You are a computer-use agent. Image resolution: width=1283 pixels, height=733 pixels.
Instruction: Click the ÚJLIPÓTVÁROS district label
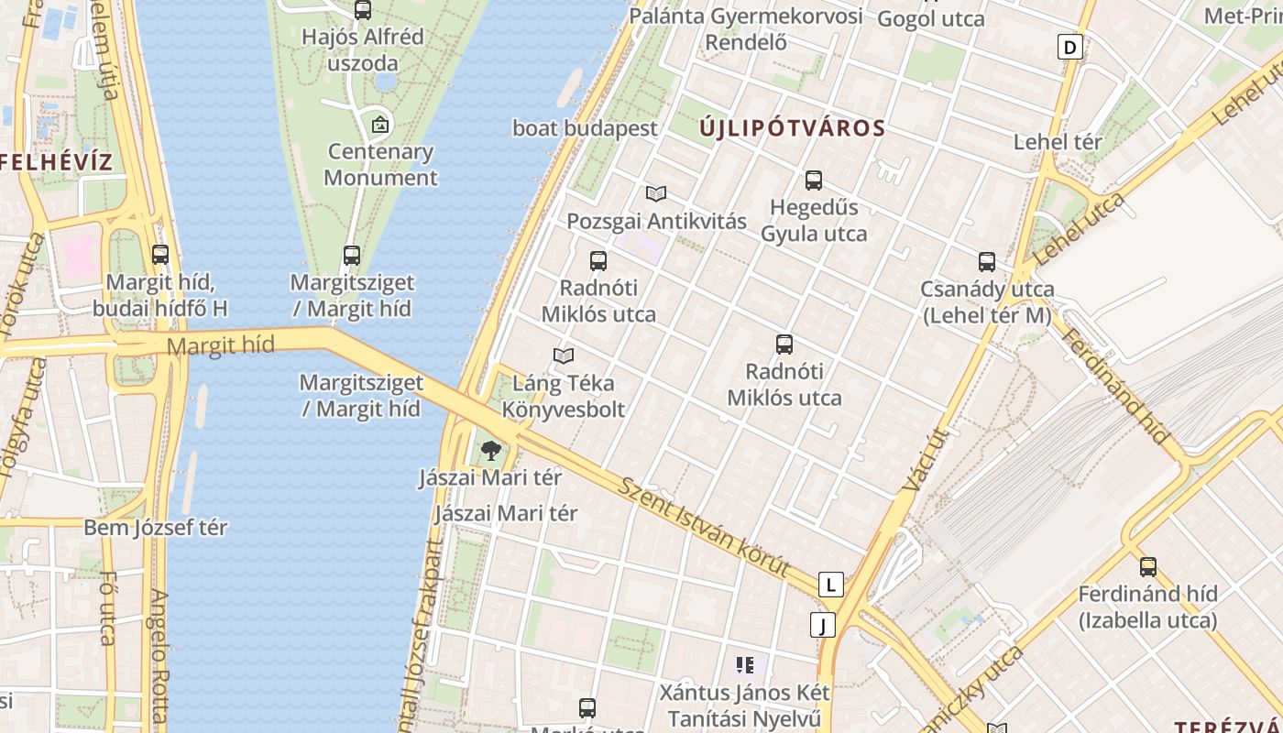793,128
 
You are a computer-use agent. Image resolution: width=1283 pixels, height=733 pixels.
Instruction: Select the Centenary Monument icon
380,125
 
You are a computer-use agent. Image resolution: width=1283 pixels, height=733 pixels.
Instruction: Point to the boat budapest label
585,128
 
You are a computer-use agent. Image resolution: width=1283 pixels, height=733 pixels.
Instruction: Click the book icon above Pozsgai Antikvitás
655,193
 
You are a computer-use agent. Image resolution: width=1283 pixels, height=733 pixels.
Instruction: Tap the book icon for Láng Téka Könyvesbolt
564,356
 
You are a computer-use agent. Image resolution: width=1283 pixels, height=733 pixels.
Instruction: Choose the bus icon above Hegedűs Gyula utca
814,181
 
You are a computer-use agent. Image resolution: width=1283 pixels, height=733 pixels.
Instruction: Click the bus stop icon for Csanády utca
987,262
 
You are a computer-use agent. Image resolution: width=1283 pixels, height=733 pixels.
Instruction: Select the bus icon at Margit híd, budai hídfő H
160,255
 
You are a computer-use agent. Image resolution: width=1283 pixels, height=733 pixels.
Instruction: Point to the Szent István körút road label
704,527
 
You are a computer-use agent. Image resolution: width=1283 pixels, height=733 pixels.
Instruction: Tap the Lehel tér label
1058,142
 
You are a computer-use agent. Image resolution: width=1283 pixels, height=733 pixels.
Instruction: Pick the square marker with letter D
1069,47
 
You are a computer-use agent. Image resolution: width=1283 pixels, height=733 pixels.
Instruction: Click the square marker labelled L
830,585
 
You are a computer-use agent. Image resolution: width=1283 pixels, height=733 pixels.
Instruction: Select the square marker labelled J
823,625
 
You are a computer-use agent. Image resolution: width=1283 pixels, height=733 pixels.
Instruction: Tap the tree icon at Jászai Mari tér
491,450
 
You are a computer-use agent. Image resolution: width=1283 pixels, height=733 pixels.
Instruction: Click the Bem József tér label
156,528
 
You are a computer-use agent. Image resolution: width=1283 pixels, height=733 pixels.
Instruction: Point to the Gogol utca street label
931,18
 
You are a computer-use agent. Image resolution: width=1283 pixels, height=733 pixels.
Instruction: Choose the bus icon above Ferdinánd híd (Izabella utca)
1148,566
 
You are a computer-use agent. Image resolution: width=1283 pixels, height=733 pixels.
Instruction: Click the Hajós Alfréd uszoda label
363,50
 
